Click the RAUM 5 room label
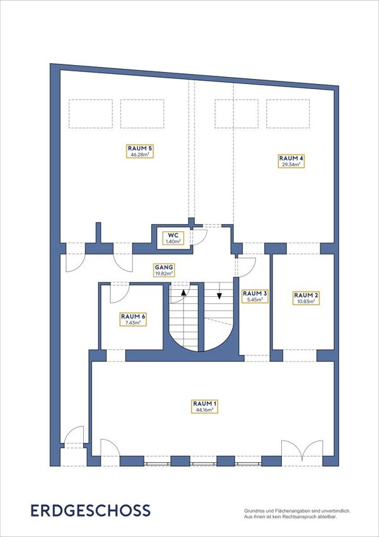tap(140, 152)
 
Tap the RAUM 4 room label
tap(291, 161)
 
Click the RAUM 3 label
tap(255, 296)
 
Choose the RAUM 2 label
tap(306, 298)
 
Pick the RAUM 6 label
tap(133, 319)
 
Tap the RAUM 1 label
tap(205, 406)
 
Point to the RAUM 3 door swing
tap(246, 266)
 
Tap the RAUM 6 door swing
tap(120, 293)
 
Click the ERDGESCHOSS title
tap(91, 510)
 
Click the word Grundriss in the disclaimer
tap(251, 510)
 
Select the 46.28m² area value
tap(140, 155)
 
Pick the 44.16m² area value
tap(205, 409)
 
